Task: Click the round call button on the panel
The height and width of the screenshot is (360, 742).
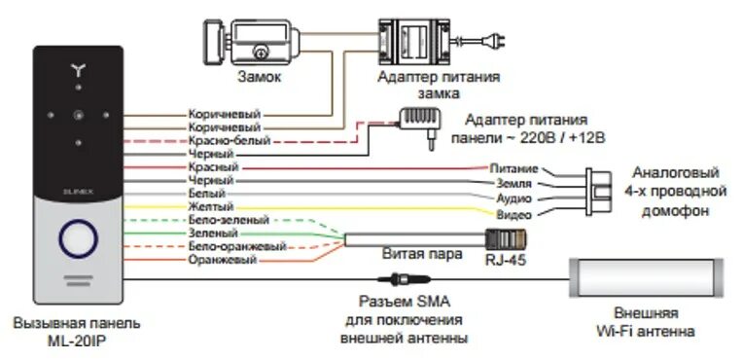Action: point(76,237)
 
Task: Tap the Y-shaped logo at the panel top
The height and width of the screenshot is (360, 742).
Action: point(78,70)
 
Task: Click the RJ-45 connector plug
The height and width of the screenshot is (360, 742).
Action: point(506,238)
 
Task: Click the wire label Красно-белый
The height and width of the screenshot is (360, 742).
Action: point(223,140)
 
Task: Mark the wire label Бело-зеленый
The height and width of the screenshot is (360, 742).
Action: point(222,221)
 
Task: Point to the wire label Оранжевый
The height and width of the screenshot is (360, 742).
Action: point(216,260)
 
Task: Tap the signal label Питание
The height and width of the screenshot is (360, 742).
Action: point(514,168)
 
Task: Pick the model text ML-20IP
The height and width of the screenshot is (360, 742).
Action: point(77,340)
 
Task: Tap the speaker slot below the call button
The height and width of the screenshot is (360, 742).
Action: point(76,281)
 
